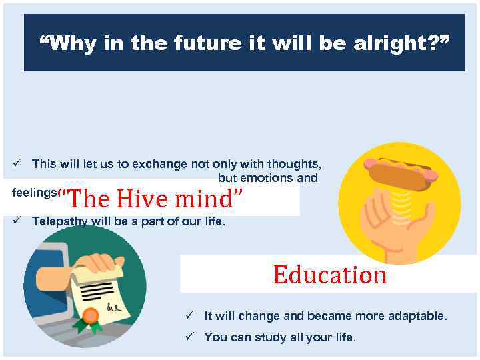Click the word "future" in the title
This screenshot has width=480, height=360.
(202, 44)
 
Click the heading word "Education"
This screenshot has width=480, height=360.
(329, 275)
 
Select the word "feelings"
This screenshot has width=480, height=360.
(34, 192)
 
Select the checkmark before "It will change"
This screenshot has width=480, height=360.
(189, 315)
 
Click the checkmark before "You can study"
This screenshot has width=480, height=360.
(189, 337)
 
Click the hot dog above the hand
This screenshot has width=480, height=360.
(401, 173)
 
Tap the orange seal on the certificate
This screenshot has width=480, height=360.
(90, 315)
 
